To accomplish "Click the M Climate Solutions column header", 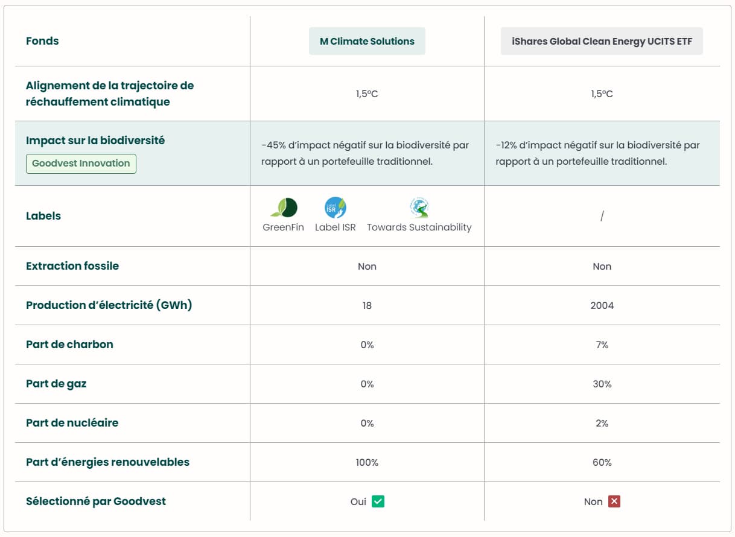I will [x=367, y=41].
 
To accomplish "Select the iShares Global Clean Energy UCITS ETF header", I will [x=602, y=41].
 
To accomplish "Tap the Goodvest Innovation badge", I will [x=81, y=164].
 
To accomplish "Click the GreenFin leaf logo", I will [x=284, y=208].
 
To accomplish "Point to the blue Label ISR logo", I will [x=336, y=208].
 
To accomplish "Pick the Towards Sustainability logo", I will [x=419, y=208].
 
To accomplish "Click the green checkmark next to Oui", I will [x=378, y=501].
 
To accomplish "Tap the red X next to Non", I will [x=614, y=501].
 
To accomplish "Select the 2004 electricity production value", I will [x=602, y=305].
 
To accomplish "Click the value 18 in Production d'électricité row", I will [x=367, y=305].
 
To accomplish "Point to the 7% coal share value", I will [x=602, y=345].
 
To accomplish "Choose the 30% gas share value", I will [x=602, y=384].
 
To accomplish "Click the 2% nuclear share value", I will [x=602, y=423].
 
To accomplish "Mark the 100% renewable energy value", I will [x=367, y=462].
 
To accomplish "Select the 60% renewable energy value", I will [x=602, y=462].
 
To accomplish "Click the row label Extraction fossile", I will [x=72, y=266].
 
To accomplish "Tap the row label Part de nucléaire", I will [x=72, y=423].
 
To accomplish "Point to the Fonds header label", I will [x=42, y=41].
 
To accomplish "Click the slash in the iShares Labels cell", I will [x=602, y=216].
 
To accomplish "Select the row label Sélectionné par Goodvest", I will [x=96, y=501].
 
